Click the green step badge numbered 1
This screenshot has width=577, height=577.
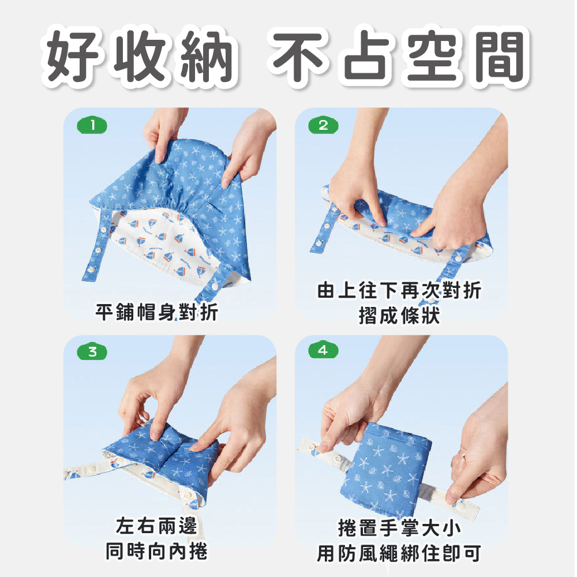pyautogui.click(x=92, y=125)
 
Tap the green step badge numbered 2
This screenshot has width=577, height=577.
pyautogui.click(x=323, y=125)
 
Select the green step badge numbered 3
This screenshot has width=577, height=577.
pyautogui.click(x=92, y=352)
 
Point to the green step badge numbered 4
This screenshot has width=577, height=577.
pyautogui.click(x=323, y=350)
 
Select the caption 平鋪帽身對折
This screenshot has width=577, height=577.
pyautogui.click(x=157, y=312)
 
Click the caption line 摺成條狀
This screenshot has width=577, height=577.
pyautogui.click(x=399, y=316)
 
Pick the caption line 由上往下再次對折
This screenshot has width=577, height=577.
pyautogui.click(x=399, y=290)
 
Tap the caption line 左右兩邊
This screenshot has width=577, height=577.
pyautogui.click(x=157, y=526)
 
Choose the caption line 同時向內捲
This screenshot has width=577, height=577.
pyautogui.click(x=157, y=551)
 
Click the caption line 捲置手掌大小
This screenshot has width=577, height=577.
pyautogui.click(x=399, y=529)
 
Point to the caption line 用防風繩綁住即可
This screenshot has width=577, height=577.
pyautogui.click(x=399, y=554)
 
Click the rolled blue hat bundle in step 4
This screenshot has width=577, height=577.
pyautogui.click(x=387, y=470)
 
